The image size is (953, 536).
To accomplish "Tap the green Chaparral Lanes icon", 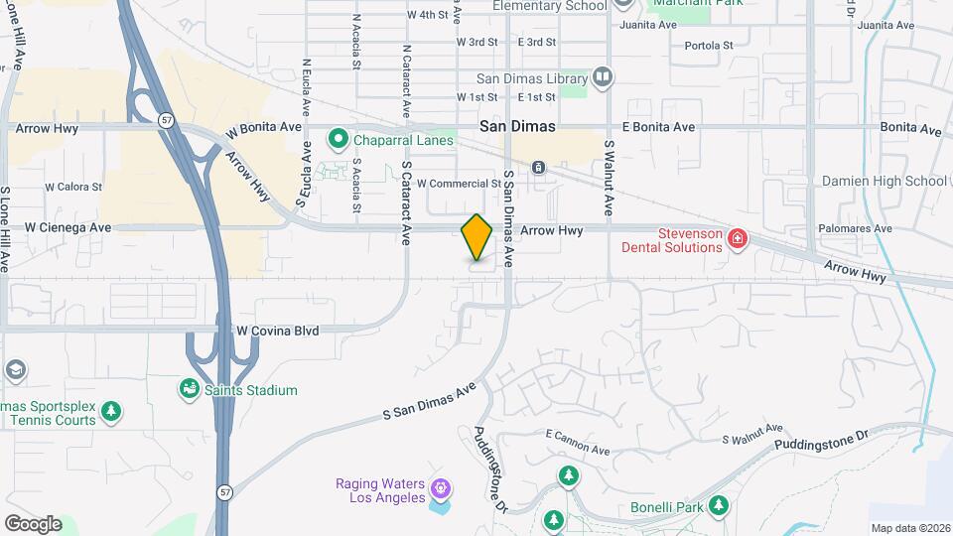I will coord(339,140).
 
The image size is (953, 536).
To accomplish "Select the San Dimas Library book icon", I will coord(603,76).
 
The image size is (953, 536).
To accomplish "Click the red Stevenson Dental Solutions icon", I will coord(737,238).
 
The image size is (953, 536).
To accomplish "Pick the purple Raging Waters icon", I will coord(441,488).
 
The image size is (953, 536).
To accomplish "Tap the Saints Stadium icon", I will coord(189,390).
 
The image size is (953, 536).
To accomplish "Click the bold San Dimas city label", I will coord(516,127).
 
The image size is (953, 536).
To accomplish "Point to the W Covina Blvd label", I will coord(277,330).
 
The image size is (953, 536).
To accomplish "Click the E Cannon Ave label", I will coord(578,435).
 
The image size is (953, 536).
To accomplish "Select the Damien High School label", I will coord(884,181).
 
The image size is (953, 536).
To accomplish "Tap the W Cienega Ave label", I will coord(68,227).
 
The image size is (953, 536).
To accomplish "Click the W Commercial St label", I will coord(459,184).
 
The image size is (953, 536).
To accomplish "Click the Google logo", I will coord(33,524).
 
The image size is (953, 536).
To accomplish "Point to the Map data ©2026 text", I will coord(909,528).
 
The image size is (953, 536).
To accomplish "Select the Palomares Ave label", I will coord(855,228).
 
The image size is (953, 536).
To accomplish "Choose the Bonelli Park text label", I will coord(666,507).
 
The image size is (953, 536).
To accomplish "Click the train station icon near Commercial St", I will coord(538,167).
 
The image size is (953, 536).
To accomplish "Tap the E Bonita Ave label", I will coord(658,127).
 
